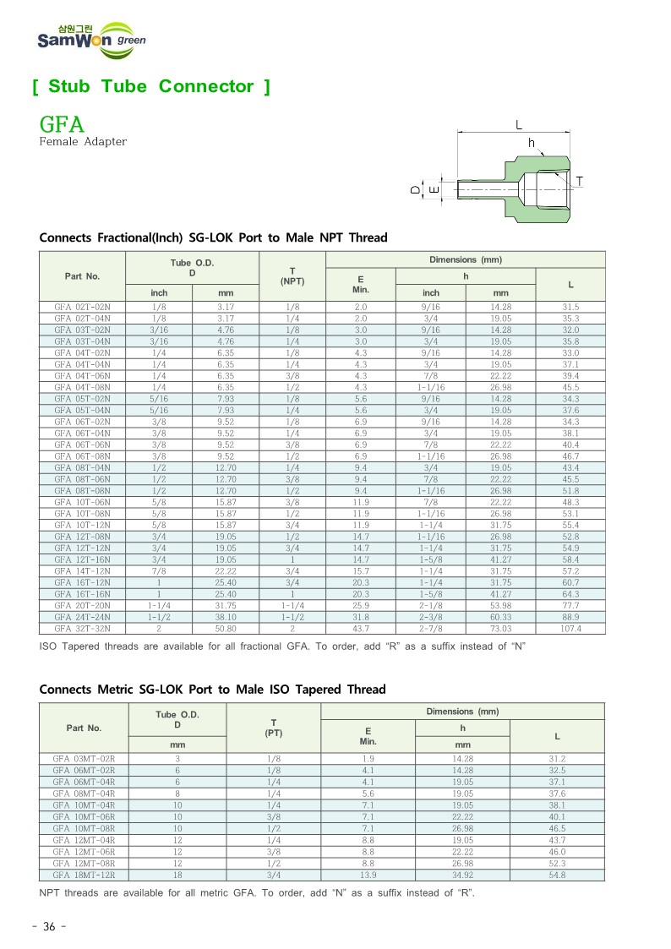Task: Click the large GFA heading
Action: pyautogui.click(x=63, y=125)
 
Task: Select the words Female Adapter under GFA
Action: pyautogui.click(x=83, y=142)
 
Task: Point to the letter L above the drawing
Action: pyautogui.click(x=519, y=124)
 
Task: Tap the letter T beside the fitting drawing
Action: pyautogui.click(x=580, y=182)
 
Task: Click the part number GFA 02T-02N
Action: pyautogui.click(x=83, y=307)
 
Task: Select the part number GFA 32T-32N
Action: pyautogui.click(x=83, y=629)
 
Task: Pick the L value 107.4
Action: pyautogui.click(x=570, y=629)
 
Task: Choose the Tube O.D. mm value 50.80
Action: pyautogui.click(x=226, y=629)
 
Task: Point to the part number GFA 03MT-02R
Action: pyautogui.click(x=84, y=759)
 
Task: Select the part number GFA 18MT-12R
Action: pyautogui.click(x=84, y=875)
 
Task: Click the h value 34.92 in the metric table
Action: pyautogui.click(x=462, y=875)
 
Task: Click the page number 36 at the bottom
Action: pyautogui.click(x=48, y=927)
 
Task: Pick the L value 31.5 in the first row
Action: pyautogui.click(x=570, y=307)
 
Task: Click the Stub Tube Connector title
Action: pyautogui.click(x=151, y=86)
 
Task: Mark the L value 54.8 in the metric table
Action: pyautogui.click(x=557, y=875)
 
